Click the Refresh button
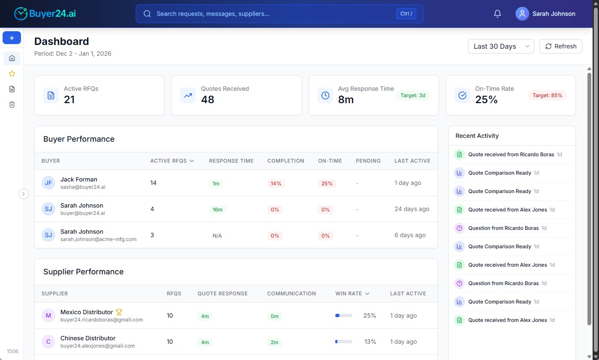click(x=560, y=46)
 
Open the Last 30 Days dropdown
click(x=501, y=46)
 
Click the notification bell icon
click(x=497, y=14)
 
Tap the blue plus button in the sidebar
click(x=12, y=38)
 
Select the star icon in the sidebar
click(x=12, y=74)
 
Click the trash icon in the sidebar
click(x=12, y=104)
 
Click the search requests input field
click(x=274, y=14)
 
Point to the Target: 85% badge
click(x=547, y=95)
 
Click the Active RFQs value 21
click(x=69, y=100)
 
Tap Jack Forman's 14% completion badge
click(x=276, y=184)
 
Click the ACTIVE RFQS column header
click(x=172, y=161)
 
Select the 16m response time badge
click(x=218, y=210)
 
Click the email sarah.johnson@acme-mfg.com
click(x=98, y=239)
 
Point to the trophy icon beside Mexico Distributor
click(x=119, y=312)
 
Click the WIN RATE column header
click(x=352, y=294)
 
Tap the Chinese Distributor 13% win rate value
click(x=370, y=342)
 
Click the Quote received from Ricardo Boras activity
click(x=511, y=155)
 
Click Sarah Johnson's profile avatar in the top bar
click(x=522, y=14)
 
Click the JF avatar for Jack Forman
click(x=48, y=183)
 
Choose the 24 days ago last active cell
click(x=411, y=209)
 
